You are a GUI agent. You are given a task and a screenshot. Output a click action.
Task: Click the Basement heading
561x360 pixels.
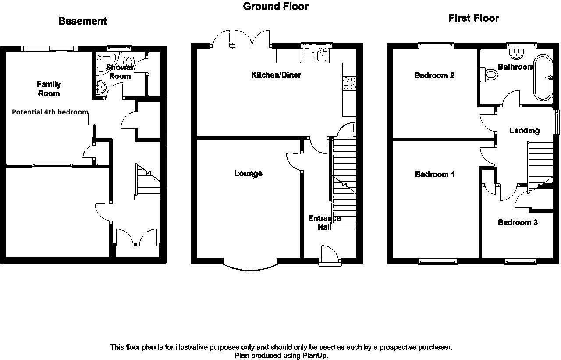(82, 21)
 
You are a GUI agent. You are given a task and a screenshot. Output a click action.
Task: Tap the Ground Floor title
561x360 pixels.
(276, 6)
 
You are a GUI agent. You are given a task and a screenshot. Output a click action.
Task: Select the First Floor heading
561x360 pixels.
(474, 18)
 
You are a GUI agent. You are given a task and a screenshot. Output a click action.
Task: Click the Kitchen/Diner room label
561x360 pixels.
(276, 75)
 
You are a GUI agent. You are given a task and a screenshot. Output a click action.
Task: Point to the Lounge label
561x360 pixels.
(248, 173)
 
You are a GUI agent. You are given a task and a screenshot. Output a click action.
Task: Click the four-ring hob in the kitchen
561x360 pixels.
(349, 83)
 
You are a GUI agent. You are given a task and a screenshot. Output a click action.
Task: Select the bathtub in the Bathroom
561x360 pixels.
(543, 78)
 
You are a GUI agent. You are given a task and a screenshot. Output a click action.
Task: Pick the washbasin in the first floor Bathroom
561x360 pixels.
(516, 54)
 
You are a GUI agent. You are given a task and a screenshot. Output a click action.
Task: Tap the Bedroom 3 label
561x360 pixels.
(518, 222)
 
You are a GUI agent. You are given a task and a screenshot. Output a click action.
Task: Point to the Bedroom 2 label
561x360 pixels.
(434, 75)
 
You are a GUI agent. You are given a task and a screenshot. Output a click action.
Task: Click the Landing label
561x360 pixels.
(525, 131)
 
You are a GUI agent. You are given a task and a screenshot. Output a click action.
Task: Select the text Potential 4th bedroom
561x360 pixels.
(50, 112)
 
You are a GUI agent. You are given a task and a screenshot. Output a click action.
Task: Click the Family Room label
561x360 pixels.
(49, 89)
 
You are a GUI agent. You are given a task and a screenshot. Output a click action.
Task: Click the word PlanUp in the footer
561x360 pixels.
(314, 356)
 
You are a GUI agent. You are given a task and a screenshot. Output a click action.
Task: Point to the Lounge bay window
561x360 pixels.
(250, 267)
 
